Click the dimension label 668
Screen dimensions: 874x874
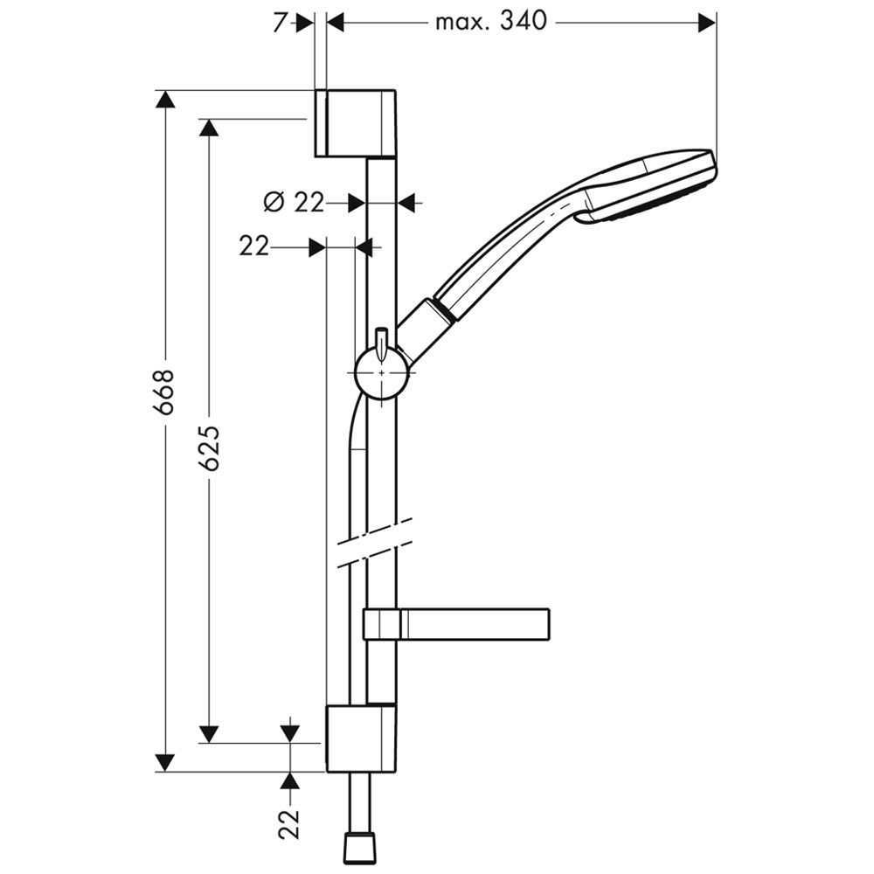click(165, 392)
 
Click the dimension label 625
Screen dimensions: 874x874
click(210, 448)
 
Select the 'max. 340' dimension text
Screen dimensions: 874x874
click(491, 22)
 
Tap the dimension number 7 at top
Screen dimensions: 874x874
click(281, 23)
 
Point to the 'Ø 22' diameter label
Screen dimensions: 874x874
click(293, 203)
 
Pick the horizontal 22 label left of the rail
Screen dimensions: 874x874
click(254, 246)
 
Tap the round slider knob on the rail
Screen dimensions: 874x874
click(382, 372)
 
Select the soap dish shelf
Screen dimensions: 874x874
click(456, 624)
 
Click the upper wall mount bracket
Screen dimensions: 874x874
click(356, 123)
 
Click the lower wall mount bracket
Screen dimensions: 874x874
click(361, 738)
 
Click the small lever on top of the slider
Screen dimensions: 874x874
click(381, 343)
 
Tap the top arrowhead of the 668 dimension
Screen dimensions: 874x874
click(165, 100)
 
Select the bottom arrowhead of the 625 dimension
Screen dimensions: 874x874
click(210, 733)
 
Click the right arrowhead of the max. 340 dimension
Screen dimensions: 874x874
click(707, 23)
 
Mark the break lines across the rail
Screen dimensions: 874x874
click(375, 544)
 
